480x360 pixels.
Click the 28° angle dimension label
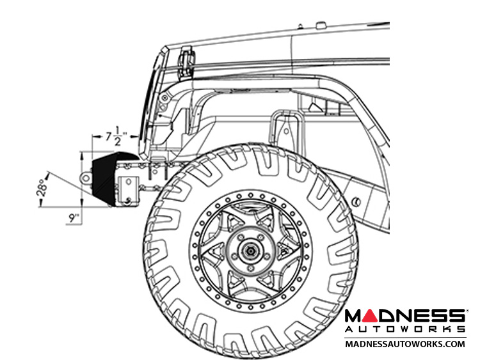pos(42,187)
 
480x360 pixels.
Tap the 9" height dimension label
pos(74,218)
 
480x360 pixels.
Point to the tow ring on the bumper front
pos(85,178)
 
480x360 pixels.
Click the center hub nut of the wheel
pos(251,251)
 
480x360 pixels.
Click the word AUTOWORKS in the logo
pos(405,329)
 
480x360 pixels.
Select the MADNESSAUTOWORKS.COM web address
pos(405,344)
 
